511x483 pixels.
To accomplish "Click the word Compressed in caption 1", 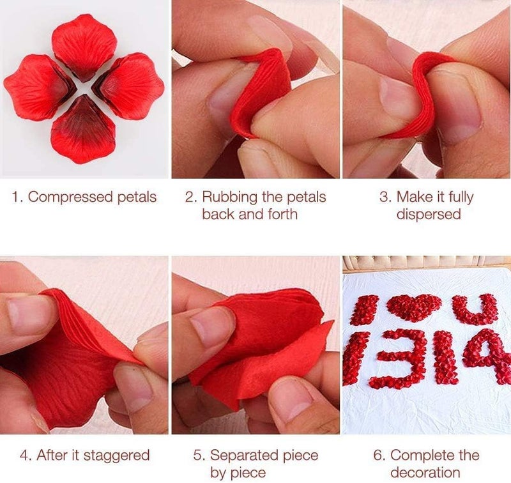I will (65, 197).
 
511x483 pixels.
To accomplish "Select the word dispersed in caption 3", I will (428, 213).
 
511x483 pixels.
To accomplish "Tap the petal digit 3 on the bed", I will (402, 358).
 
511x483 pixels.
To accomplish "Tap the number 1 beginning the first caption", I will (17, 197).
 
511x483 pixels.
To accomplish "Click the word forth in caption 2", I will (280, 213).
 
